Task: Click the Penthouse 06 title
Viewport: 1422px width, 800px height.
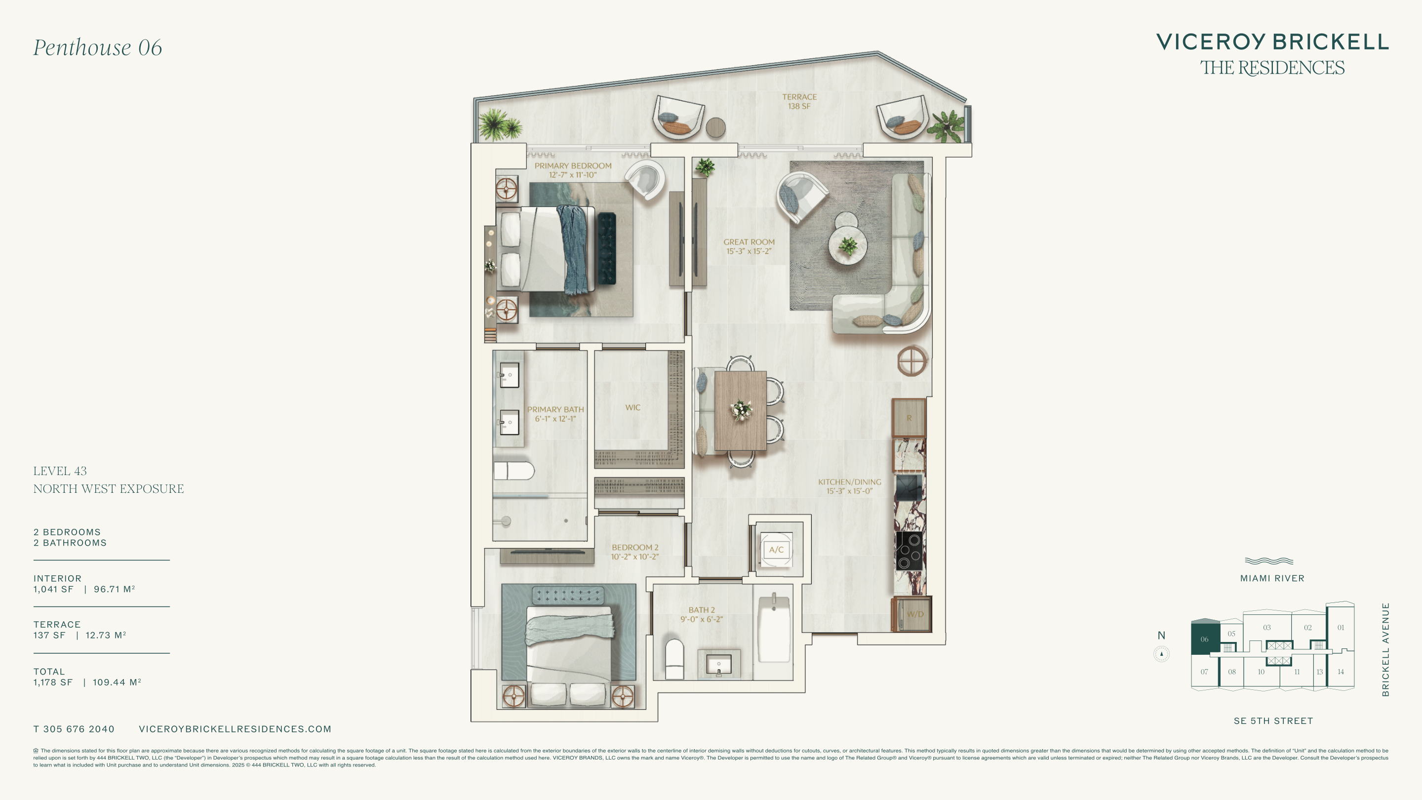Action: [98, 47]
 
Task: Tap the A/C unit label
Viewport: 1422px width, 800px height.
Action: [776, 549]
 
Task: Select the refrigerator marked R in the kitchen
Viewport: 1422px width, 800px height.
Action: [908, 418]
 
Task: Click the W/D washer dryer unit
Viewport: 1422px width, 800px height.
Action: [912, 614]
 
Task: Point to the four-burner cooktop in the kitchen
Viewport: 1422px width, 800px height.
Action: [908, 551]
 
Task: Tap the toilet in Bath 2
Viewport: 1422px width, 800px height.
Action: [674, 659]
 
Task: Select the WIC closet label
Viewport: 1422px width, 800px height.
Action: [632, 407]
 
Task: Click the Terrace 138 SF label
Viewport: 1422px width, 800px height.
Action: [799, 102]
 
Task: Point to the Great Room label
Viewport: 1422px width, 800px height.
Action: [749, 246]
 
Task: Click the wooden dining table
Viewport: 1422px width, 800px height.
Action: [740, 410]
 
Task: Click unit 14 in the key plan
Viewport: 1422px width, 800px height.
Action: [1341, 672]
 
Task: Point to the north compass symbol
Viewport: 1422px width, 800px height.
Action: [1161, 654]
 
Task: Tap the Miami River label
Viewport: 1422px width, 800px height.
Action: [1272, 579]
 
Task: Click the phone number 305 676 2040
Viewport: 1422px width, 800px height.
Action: [79, 729]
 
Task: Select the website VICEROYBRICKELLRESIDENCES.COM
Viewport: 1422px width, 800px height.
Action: [235, 729]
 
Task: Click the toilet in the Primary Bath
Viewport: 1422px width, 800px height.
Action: [514, 471]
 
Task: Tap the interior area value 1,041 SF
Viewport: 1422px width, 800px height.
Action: [53, 589]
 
